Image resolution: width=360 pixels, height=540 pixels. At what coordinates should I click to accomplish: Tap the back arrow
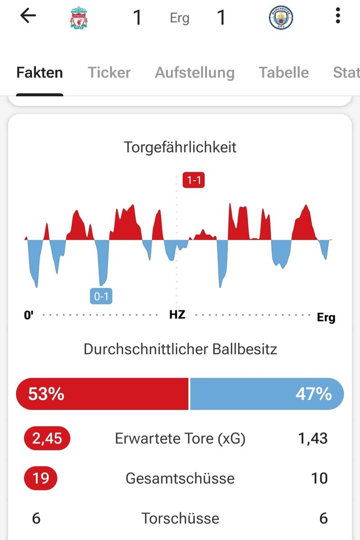tap(28, 16)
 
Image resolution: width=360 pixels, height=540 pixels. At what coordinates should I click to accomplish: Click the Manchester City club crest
tap(281, 18)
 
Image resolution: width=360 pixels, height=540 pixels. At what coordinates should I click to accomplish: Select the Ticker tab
tap(109, 72)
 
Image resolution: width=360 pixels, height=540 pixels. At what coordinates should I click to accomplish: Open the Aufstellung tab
tap(194, 72)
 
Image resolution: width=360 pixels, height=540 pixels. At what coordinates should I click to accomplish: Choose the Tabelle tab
tap(283, 72)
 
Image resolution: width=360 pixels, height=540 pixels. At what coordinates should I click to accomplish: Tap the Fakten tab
tap(40, 72)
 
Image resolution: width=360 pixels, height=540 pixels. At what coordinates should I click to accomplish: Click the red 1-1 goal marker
tap(193, 180)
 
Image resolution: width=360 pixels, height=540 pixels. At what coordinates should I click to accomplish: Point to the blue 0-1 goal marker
tap(101, 296)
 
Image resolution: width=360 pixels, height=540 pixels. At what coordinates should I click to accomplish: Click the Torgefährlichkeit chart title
tap(180, 147)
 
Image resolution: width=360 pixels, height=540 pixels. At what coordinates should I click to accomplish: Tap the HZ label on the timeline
tap(177, 315)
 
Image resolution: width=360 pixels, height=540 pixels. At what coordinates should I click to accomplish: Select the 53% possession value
tap(46, 394)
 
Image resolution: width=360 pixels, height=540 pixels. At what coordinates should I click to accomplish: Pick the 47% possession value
tap(314, 394)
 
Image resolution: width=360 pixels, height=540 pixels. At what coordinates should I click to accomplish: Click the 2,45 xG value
tap(47, 438)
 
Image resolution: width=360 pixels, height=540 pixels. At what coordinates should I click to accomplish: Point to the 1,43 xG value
tap(313, 438)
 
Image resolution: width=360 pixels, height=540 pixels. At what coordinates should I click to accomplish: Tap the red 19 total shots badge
tap(40, 478)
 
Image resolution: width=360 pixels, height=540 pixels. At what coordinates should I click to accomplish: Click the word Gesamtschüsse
tap(180, 478)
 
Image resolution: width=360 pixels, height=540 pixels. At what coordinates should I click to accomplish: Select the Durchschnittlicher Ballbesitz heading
tap(180, 349)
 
